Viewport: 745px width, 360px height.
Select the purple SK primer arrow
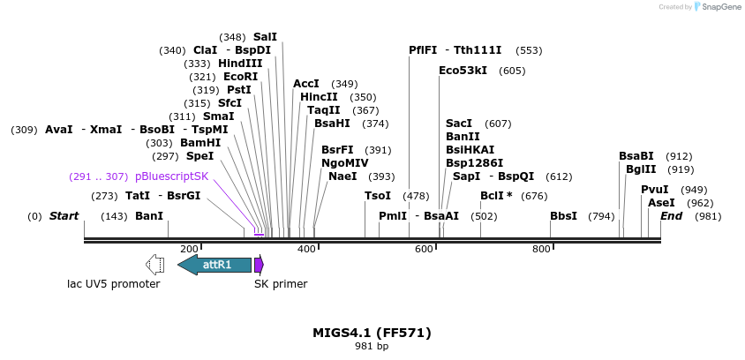tap(259, 265)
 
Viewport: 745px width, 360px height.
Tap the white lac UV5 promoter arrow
tap(154, 265)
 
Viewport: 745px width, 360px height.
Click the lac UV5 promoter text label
tap(114, 284)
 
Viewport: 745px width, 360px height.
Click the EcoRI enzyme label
tap(240, 77)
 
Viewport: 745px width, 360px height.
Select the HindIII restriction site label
tap(240, 64)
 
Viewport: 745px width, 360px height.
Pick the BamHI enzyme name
tap(200, 143)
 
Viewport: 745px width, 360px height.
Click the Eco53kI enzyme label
tap(463, 71)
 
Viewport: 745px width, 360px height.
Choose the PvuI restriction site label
tap(654, 190)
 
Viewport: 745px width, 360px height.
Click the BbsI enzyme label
tap(563, 216)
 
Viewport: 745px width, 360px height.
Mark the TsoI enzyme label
tap(378, 196)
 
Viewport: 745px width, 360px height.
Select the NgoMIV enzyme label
tap(344, 163)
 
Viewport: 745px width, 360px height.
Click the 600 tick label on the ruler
tap(424, 250)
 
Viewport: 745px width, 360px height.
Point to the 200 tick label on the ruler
tap(189, 250)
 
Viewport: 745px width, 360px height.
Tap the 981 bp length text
tap(372, 347)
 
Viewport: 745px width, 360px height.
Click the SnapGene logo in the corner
tap(717, 7)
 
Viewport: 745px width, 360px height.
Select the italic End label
tap(671, 216)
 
